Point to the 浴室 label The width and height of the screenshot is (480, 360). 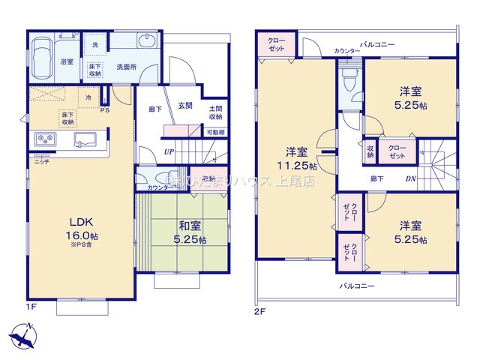coord(67,61)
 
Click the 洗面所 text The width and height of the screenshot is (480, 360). coord(125,67)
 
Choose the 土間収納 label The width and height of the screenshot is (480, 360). coord(215,112)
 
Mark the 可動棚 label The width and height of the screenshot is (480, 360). coord(215,133)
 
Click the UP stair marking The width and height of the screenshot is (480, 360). coord(170,151)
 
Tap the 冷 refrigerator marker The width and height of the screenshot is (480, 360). coord(88,97)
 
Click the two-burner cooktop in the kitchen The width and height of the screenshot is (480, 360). coord(43,140)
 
